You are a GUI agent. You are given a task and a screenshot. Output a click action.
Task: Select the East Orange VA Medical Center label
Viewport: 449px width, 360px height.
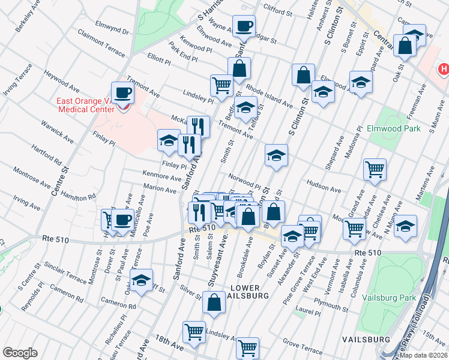(85, 105)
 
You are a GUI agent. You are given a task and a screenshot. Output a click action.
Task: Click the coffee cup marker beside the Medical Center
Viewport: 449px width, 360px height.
(122, 93)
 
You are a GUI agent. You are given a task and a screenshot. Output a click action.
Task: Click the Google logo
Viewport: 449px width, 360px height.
(20, 353)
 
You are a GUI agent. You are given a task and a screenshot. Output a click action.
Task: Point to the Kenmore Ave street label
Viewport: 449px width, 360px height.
(161, 178)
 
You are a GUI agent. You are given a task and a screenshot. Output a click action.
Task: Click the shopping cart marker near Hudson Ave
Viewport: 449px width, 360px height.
(375, 169)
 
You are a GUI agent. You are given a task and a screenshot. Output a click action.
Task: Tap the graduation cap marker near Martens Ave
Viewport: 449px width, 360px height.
(406, 226)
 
